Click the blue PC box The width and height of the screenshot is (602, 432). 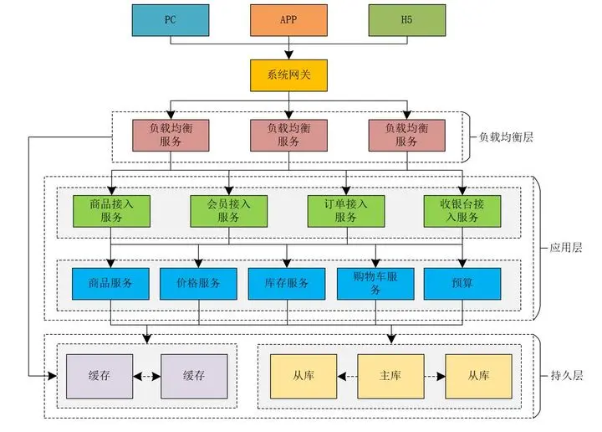pos(171,20)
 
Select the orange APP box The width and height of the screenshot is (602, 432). pos(288,20)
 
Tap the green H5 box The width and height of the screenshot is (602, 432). pos(407,20)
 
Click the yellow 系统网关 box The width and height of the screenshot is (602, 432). pos(288,75)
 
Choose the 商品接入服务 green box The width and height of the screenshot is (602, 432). pos(111,211)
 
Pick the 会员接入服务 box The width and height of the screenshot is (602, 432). pos(229,211)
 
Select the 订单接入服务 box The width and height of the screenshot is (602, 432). pos(346,211)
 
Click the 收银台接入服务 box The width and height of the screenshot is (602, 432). pos(462,211)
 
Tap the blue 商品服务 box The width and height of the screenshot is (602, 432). pos(110,284)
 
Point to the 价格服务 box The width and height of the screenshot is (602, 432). pos(198,284)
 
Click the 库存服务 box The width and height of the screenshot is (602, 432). pos(287,284)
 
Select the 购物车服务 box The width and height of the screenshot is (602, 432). pos(375,284)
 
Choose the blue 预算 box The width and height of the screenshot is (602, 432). pos(462,284)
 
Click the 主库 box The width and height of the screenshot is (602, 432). pos(390,376)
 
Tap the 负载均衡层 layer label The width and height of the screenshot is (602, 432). pos(506,137)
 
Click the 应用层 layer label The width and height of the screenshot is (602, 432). pos(566,248)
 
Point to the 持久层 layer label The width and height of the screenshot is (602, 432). pos(567,375)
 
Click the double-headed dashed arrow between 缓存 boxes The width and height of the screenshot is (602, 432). pos(147,376)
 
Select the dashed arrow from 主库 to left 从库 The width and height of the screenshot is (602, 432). pos(348,376)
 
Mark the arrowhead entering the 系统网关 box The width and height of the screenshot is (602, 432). pos(288,55)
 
